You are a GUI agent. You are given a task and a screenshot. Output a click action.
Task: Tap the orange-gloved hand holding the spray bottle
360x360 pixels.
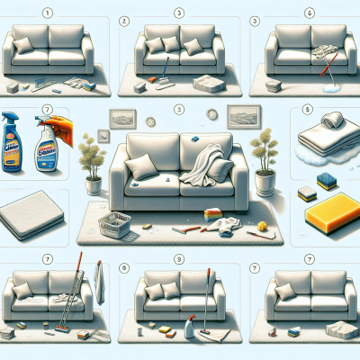(57, 122)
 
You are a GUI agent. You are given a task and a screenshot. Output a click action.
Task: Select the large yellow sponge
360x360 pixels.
(331, 217)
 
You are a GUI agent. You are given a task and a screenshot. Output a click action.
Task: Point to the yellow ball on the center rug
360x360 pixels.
(262, 223)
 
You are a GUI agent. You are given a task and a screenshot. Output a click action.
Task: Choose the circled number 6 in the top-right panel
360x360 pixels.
(310, 13)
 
